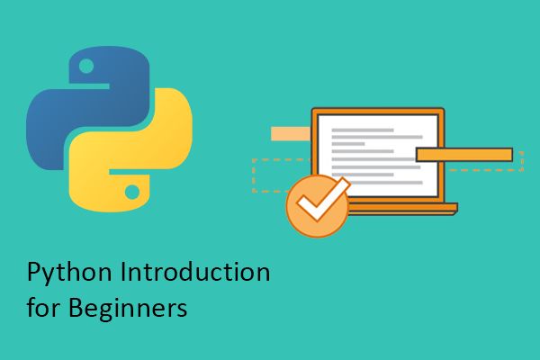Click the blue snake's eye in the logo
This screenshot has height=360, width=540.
point(85,66)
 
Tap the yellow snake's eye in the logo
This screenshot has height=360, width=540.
point(132,192)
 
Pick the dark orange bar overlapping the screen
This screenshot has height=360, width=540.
point(463,155)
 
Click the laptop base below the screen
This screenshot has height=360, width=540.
point(396,211)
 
